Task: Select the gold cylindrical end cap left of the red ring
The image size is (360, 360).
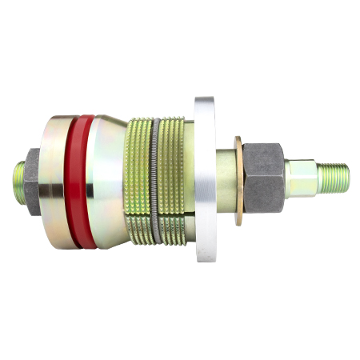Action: (x=58, y=180)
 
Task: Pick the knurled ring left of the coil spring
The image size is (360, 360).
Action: (x=138, y=180)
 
